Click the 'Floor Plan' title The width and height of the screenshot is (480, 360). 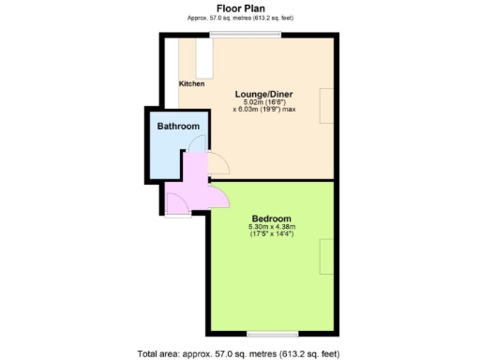[x=239, y=7]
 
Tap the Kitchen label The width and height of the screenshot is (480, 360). [x=191, y=83]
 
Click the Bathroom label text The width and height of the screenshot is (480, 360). [x=177, y=126]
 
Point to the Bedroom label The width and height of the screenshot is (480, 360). [x=271, y=217]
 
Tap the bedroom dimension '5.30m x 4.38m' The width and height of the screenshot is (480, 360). [x=271, y=227]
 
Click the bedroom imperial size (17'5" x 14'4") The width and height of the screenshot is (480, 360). [x=271, y=234]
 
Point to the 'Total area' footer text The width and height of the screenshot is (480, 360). [x=239, y=352]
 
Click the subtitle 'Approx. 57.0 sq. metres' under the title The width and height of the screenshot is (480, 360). [x=239, y=17]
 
